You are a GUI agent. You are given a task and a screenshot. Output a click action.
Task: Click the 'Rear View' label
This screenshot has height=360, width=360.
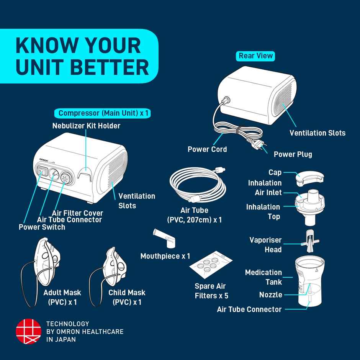(x=256, y=56)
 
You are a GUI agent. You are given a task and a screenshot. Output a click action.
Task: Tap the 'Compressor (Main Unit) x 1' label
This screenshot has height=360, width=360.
(x=103, y=113)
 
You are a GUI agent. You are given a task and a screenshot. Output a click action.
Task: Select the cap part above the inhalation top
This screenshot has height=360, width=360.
(x=309, y=177)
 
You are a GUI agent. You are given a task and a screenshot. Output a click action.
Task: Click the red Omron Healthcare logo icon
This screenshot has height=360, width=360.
(x=28, y=331)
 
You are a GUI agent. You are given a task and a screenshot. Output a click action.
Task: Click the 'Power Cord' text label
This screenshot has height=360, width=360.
(x=207, y=149)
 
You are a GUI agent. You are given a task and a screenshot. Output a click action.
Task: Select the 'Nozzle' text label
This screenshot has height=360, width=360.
(x=271, y=295)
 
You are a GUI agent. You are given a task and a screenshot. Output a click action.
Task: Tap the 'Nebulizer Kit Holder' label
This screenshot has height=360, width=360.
(x=86, y=126)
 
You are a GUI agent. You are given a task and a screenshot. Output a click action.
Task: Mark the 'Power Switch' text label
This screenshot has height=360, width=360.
(x=42, y=227)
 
